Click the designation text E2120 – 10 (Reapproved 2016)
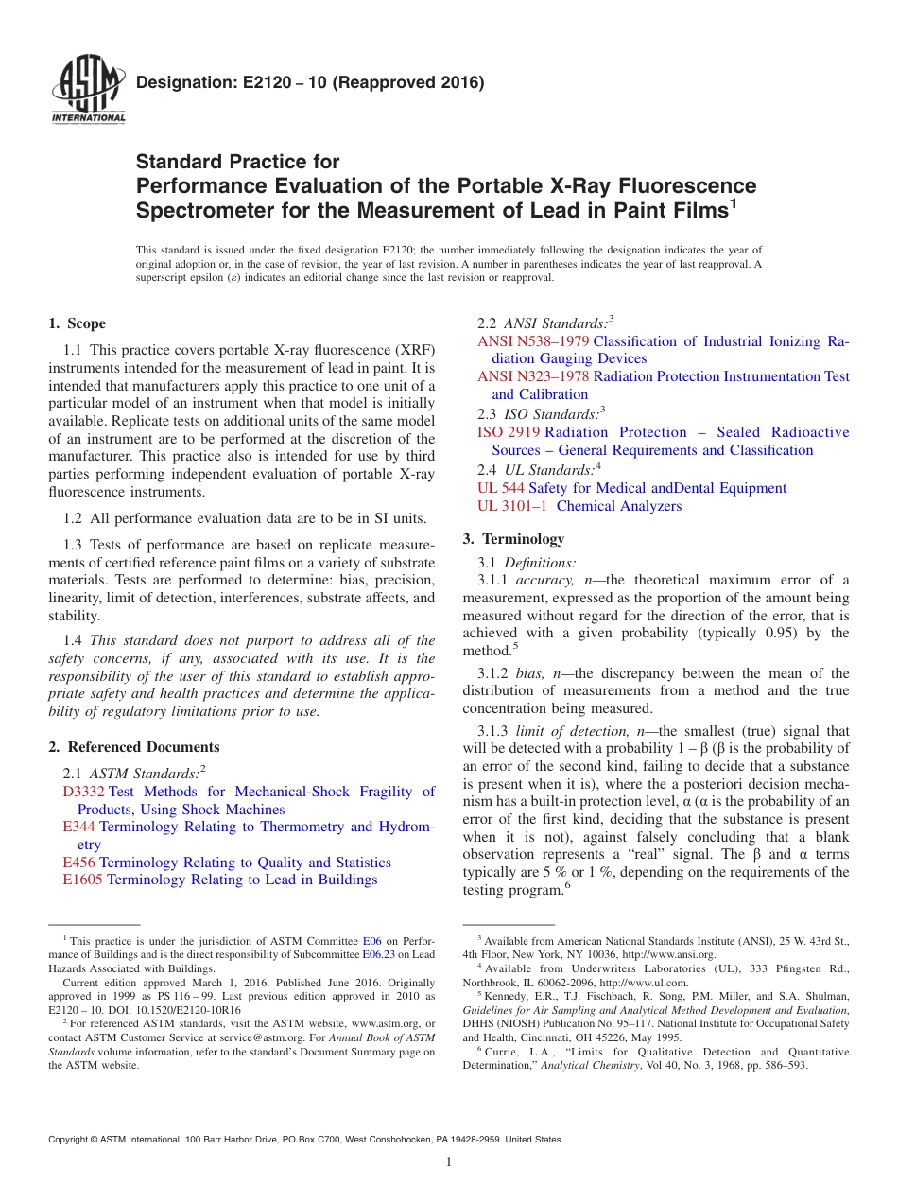(x=310, y=82)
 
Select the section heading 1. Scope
(x=77, y=323)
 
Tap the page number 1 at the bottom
(x=449, y=1163)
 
